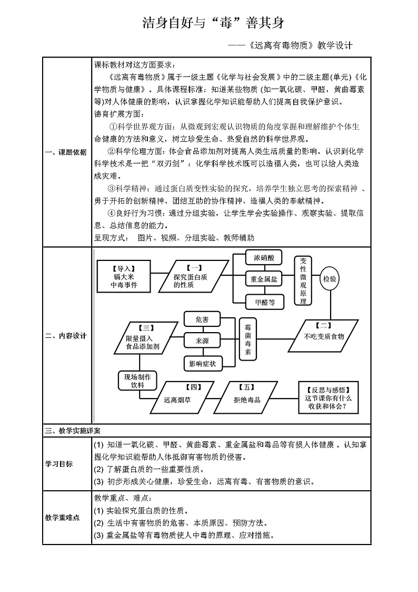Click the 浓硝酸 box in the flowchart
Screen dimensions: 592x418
[x=264, y=258]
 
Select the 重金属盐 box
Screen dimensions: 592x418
[x=264, y=279]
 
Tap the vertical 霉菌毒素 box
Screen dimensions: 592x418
[x=248, y=339]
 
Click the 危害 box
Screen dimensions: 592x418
[x=202, y=320]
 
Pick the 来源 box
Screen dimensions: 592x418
[x=202, y=341]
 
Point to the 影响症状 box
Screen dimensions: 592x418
[x=202, y=363]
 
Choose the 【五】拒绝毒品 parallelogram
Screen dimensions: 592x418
[x=246, y=396]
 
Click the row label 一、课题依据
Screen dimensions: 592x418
[x=66, y=153]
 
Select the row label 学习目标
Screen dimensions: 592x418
[x=59, y=464]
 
